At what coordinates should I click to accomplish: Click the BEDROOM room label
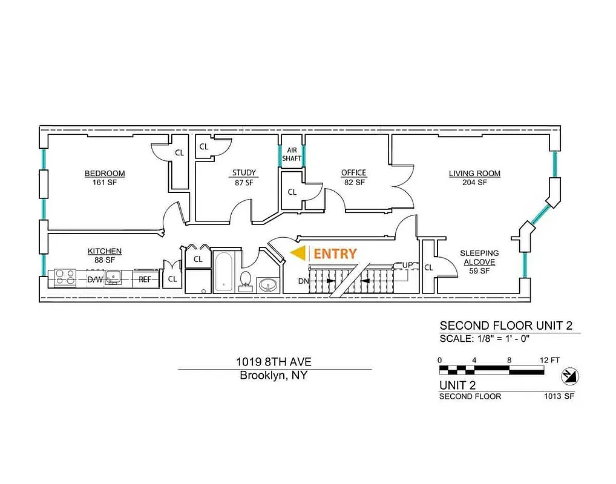click(105, 174)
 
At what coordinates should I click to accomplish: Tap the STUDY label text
click(244, 173)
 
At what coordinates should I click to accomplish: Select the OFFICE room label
click(353, 173)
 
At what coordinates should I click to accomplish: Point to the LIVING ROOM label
click(474, 174)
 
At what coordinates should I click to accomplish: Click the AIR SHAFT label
click(292, 154)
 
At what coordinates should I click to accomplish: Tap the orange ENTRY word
click(335, 254)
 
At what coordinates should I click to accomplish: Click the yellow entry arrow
click(298, 254)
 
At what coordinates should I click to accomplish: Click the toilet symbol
click(246, 280)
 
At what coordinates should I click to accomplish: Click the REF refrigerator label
click(145, 279)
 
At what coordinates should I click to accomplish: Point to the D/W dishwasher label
click(94, 279)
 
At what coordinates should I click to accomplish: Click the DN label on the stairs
click(304, 281)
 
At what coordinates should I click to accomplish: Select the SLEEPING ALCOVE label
click(479, 258)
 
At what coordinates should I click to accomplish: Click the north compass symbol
click(569, 376)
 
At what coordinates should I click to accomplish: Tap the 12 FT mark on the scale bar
click(550, 360)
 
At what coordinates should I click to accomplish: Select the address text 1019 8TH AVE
click(274, 362)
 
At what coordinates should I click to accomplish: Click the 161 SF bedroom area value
click(105, 182)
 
